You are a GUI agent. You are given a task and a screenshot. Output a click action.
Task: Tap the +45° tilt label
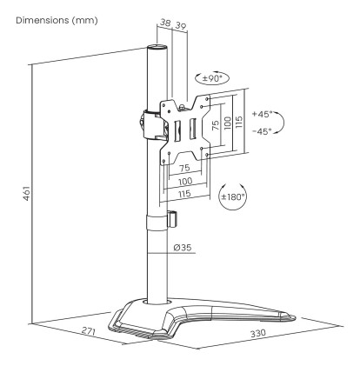(x=262, y=114)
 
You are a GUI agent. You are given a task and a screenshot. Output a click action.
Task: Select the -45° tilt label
(x=262, y=131)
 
